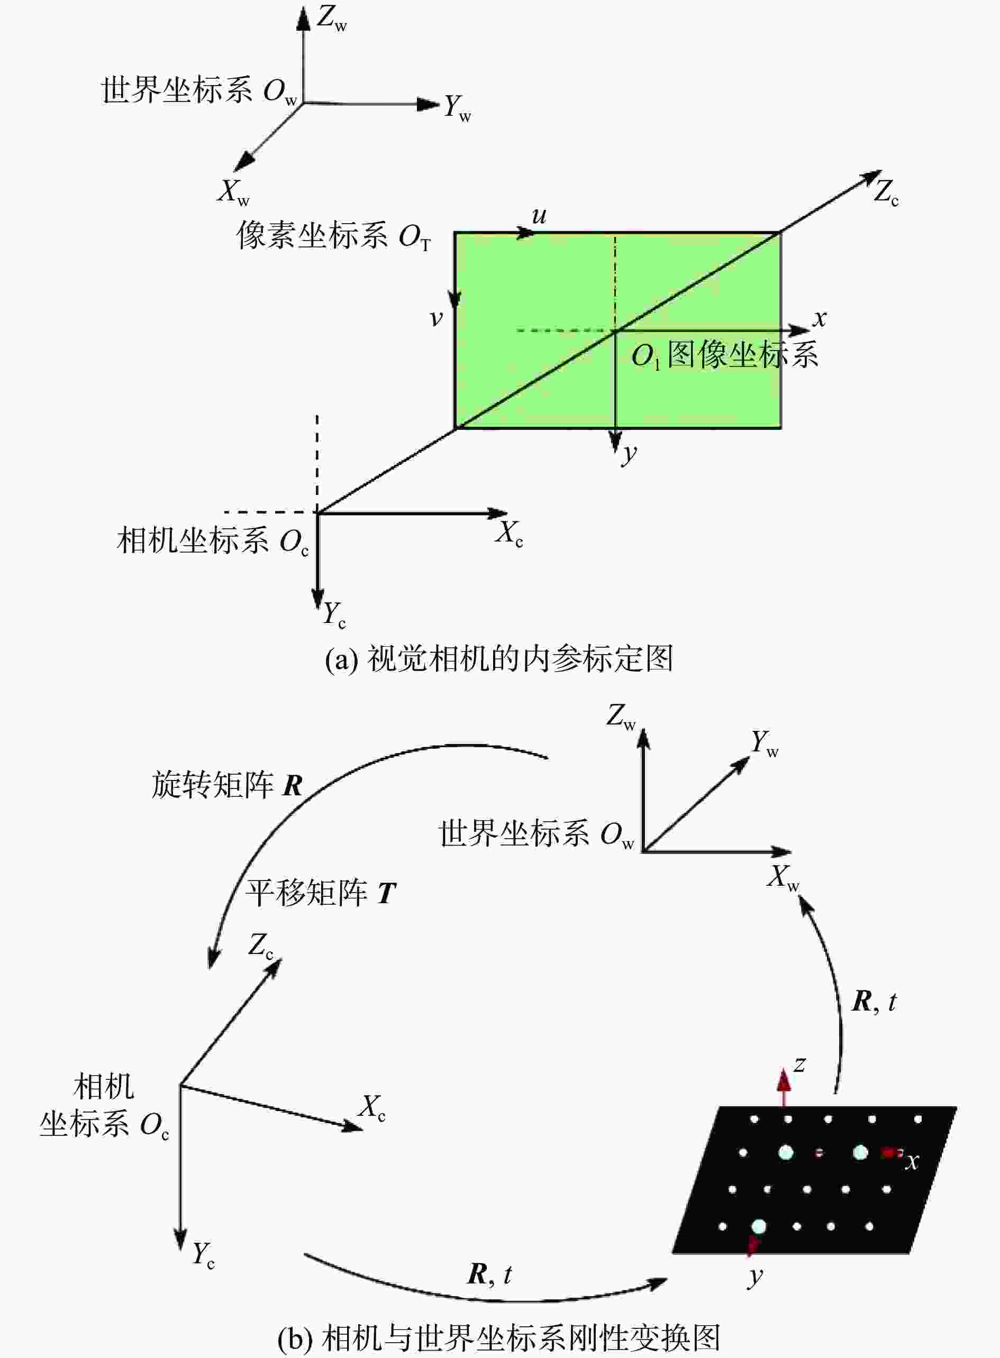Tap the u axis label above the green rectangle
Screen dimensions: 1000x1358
(539, 215)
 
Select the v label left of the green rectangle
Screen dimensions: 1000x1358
(436, 318)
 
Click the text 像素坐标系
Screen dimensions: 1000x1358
(312, 235)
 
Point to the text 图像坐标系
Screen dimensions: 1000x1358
(743, 354)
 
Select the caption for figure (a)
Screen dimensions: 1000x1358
(499, 659)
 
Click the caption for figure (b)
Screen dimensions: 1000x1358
(499, 1336)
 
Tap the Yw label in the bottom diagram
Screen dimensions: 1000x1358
(765, 744)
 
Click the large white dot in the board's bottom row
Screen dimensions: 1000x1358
(758, 1226)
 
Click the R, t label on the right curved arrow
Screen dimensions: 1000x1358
(874, 1002)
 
